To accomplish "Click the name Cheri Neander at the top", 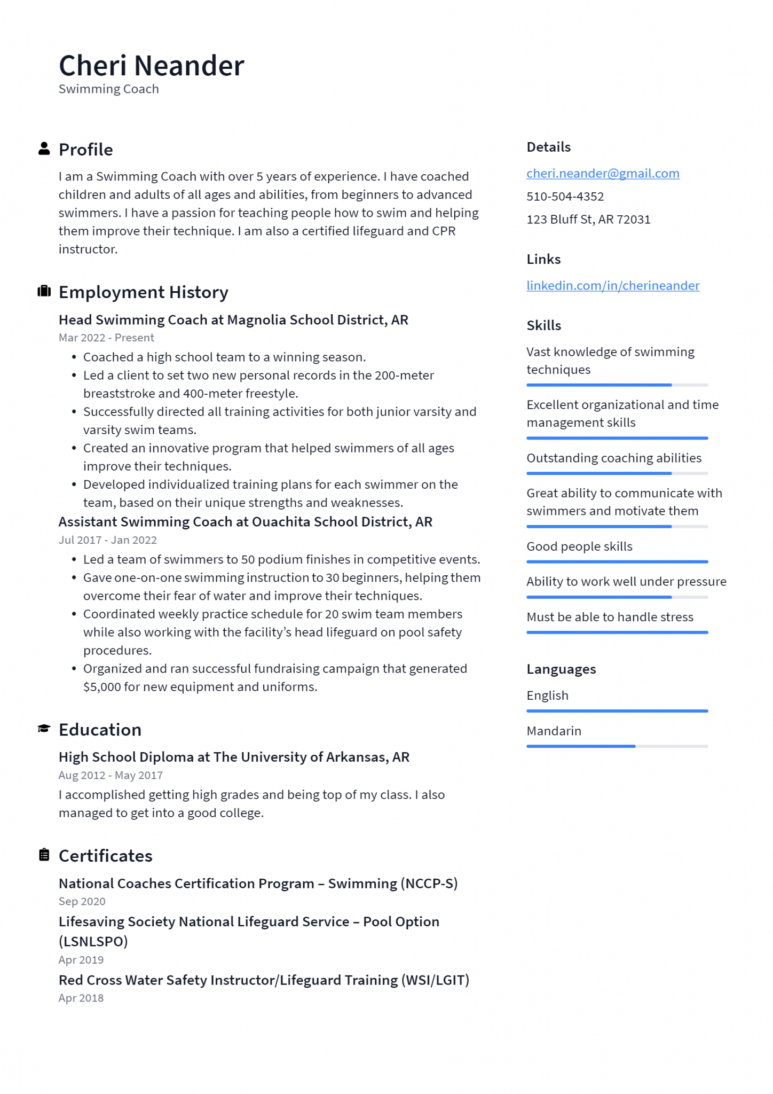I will (x=151, y=66).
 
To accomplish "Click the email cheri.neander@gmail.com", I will (x=603, y=174).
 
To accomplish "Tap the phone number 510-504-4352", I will (x=565, y=197).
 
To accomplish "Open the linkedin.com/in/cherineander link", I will (x=612, y=286).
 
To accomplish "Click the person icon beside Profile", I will (x=44, y=149).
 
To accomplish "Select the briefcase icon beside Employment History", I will (x=44, y=291).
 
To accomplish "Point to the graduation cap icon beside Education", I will (x=44, y=729).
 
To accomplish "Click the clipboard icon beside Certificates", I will (x=44, y=855).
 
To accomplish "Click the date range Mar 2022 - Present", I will (x=106, y=338).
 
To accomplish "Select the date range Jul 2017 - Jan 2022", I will (x=107, y=540).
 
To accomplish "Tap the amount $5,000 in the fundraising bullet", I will (x=102, y=687).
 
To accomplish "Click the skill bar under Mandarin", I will (x=617, y=746).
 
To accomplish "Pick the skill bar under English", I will (x=617, y=711).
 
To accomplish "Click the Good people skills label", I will (x=579, y=546).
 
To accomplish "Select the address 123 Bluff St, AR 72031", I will (x=588, y=220).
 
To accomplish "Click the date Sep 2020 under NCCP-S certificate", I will (x=82, y=901).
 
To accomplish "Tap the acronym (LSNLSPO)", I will (x=93, y=941).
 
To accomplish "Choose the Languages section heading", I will (x=561, y=669).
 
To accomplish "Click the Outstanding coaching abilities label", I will (x=614, y=458).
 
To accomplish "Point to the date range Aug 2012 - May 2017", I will (x=111, y=775).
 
